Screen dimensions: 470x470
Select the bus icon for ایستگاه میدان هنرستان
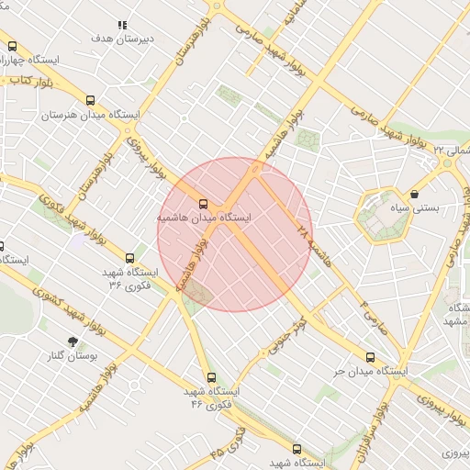[89, 101]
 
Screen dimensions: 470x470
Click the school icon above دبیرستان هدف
[123, 26]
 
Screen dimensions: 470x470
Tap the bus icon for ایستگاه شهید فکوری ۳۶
[129, 258]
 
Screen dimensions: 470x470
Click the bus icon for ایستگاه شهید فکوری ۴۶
[211, 377]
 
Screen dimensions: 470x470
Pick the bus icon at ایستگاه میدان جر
[370, 357]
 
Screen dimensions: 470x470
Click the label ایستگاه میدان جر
[370, 373]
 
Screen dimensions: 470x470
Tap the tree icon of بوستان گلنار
[73, 341]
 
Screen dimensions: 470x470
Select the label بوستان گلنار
[73, 355]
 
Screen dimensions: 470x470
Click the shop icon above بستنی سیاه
[416, 194]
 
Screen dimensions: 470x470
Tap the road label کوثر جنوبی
[286, 334]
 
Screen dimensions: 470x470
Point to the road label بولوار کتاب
[33, 80]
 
